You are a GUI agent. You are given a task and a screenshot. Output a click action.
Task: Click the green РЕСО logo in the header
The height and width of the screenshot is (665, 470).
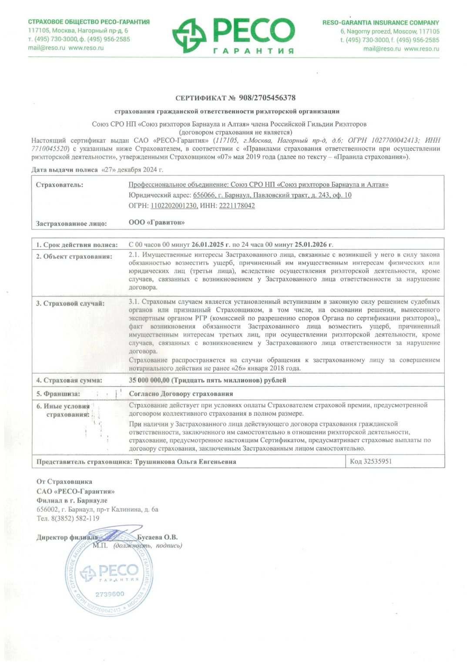[234, 35]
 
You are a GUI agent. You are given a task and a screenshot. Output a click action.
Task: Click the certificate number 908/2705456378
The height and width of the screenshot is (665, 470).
[267, 98]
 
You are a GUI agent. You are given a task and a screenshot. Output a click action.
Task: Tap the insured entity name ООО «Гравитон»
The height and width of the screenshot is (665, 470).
[157, 222]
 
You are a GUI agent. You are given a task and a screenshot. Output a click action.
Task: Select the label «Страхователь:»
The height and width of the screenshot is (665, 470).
[60, 185]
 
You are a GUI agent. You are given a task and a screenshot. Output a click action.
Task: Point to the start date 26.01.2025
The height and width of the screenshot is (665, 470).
[208, 245]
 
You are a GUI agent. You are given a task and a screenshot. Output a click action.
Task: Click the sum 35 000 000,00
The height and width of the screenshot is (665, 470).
[149, 380]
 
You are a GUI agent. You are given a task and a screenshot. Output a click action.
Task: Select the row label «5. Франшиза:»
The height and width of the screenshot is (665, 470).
[58, 394]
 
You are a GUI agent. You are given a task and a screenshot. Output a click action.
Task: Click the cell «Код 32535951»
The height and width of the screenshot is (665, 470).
[371, 461]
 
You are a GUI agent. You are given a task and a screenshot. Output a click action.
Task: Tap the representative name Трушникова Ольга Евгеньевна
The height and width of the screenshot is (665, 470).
[185, 462]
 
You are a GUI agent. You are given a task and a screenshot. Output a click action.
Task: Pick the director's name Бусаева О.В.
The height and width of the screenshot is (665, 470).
[157, 537]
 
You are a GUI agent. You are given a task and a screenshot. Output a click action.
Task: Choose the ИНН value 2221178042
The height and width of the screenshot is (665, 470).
[237, 206]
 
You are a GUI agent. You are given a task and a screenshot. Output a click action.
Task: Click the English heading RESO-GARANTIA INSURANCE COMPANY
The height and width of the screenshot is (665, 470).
[381, 23]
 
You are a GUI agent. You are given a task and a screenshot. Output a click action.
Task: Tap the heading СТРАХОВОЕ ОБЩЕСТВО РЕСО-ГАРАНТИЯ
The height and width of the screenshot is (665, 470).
[89, 22]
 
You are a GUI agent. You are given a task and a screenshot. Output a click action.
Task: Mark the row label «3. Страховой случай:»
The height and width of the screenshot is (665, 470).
[70, 303]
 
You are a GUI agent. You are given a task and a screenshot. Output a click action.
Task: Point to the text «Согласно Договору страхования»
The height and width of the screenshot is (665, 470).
[181, 394]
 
